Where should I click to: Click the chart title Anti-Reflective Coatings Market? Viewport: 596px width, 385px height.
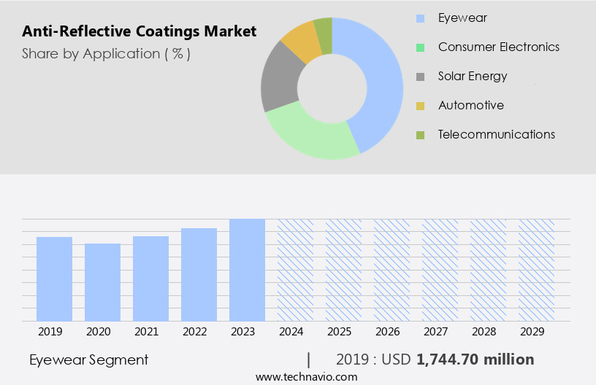(x=139, y=31)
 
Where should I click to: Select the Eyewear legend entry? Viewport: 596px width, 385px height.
(x=462, y=17)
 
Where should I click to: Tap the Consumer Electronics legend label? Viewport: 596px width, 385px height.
(x=498, y=47)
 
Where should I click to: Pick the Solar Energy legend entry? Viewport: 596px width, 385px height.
(x=472, y=76)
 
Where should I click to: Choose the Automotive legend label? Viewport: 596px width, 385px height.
(x=470, y=105)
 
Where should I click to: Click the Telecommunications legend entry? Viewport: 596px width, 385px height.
(x=496, y=134)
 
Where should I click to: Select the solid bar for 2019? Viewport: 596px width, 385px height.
(x=55, y=279)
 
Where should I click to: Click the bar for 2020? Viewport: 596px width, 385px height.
(x=103, y=282)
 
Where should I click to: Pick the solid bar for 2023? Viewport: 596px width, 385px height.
(x=247, y=270)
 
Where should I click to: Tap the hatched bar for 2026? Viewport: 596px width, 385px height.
(x=391, y=270)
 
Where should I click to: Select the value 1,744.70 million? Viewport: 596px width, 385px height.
(x=475, y=359)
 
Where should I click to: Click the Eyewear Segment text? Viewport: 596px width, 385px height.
(x=88, y=359)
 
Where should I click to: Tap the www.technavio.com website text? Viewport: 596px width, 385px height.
(x=306, y=376)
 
